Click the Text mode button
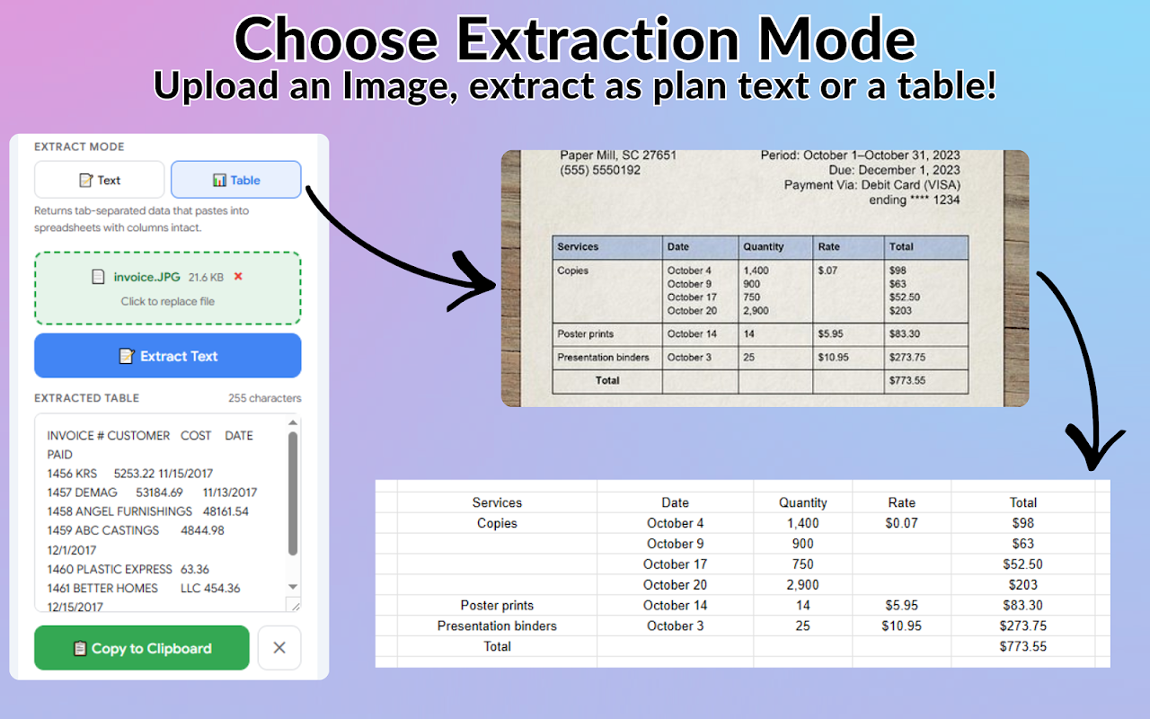point(99,180)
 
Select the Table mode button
point(235,180)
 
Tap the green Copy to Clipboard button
point(142,648)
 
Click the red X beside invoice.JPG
point(238,276)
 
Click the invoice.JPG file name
point(146,278)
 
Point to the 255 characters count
point(264,398)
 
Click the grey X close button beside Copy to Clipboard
point(279,648)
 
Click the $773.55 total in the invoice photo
point(907,380)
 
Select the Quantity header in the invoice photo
point(764,246)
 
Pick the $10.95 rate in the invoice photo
point(833,357)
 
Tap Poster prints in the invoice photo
point(585,333)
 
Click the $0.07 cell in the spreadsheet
point(901,523)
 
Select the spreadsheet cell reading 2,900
point(803,584)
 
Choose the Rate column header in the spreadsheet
point(901,502)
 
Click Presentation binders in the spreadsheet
point(497,626)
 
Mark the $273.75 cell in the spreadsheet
point(1022,626)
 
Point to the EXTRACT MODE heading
point(79,146)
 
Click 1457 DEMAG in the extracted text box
point(82,493)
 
